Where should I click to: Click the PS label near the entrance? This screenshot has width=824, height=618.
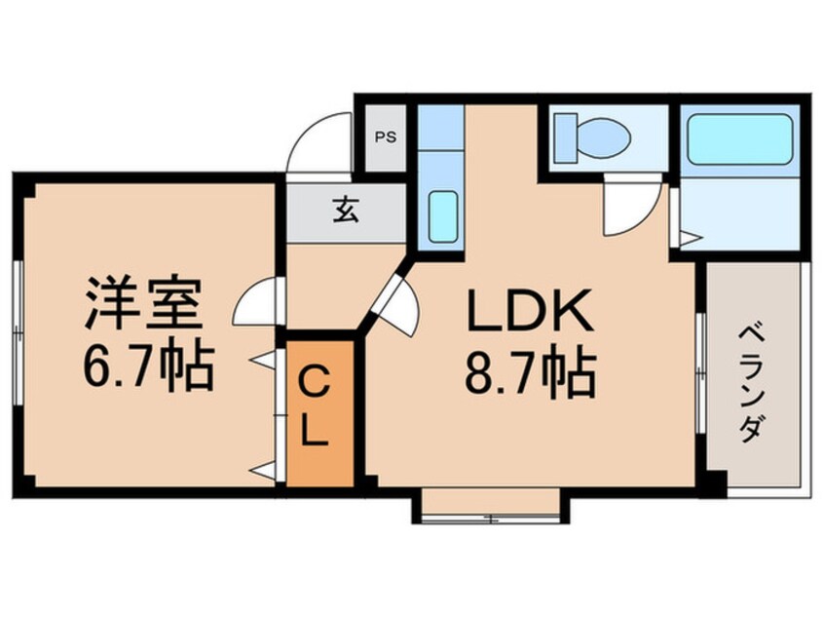pyautogui.click(x=386, y=136)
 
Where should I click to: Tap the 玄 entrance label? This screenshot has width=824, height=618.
pyautogui.click(x=345, y=210)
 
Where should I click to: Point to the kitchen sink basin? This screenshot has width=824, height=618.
pyautogui.click(x=443, y=216)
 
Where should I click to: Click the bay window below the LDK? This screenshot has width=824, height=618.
pyautogui.click(x=491, y=510)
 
